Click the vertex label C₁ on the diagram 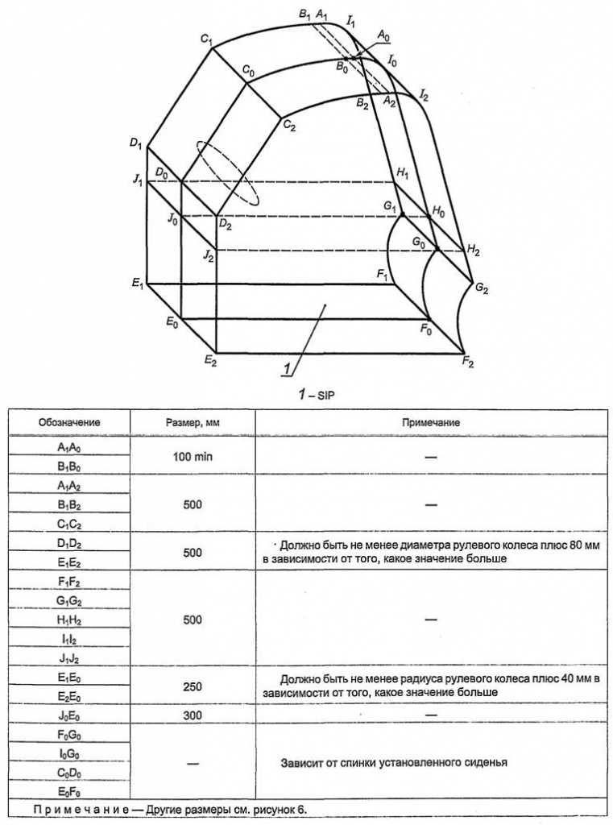(x=206, y=39)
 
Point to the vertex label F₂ (x=469, y=363)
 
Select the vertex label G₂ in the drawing (x=483, y=288)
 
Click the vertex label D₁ (x=135, y=144)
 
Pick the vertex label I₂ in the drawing (x=423, y=96)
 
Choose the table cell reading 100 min (x=193, y=456)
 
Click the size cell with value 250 (x=193, y=686)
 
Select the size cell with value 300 (x=193, y=715)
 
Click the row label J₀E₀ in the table (x=69, y=715)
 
